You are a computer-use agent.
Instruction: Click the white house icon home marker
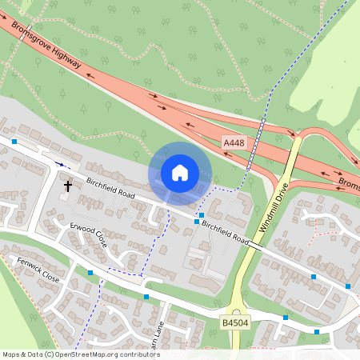180,173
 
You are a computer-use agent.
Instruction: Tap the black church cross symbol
67,186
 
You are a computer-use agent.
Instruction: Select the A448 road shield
234,142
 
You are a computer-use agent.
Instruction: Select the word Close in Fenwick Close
50,277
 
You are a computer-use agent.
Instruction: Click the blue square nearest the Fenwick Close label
90,273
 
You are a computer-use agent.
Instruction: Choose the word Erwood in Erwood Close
81,230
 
